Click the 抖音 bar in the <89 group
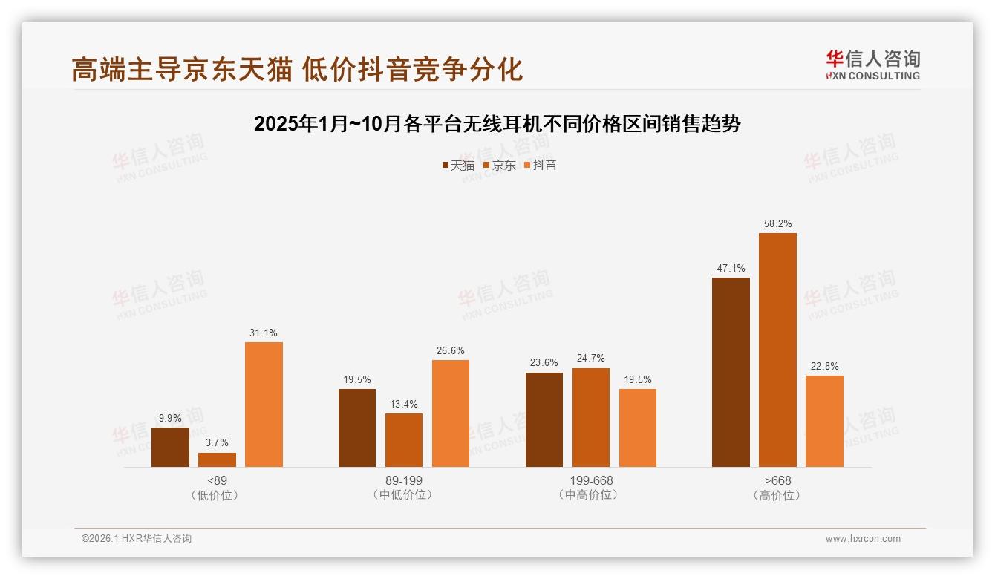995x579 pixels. [x=264, y=405]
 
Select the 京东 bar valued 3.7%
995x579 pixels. [x=217, y=459]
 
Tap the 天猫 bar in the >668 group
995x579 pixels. [x=731, y=372]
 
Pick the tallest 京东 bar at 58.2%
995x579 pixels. [x=777, y=350]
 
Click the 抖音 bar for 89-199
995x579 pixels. [x=451, y=413]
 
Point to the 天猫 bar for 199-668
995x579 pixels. [x=544, y=419]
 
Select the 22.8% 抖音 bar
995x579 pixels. [x=824, y=421]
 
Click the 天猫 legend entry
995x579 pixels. [x=458, y=165]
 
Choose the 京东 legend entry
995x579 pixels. [x=500, y=165]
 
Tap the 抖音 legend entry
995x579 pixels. [x=541, y=165]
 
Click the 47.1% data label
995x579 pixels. [x=731, y=269]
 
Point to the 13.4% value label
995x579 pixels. [x=404, y=405]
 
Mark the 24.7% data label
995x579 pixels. [x=591, y=359]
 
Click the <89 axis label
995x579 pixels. [x=218, y=480]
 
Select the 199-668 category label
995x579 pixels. [x=591, y=480]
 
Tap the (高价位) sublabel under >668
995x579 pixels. [x=777, y=495]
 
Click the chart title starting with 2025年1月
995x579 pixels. [x=497, y=124]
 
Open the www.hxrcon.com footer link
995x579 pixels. [x=863, y=539]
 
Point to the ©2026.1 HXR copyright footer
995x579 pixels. [x=137, y=539]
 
